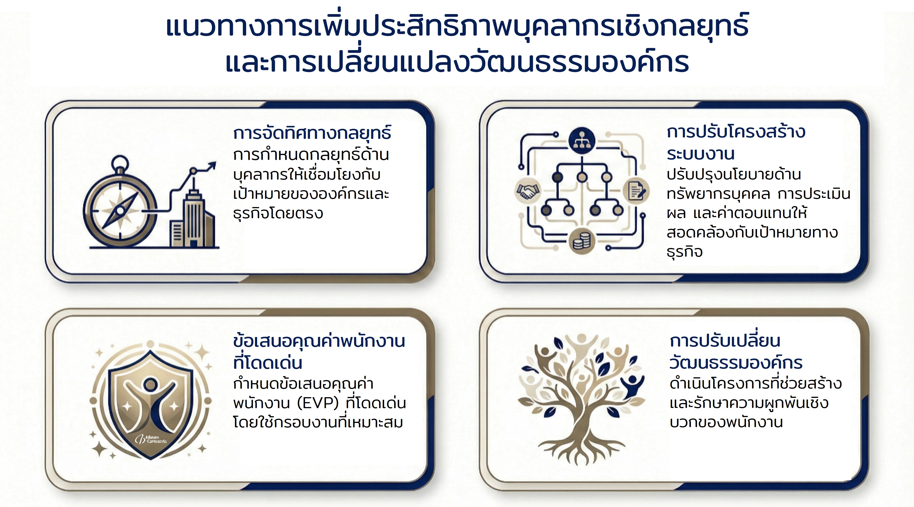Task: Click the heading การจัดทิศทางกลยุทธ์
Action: tap(312, 133)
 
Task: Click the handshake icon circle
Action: tap(528, 191)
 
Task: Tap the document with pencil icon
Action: tap(636, 191)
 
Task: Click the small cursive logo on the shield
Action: tap(150, 439)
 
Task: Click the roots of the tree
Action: tap(582, 450)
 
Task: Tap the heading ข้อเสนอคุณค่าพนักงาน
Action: tap(319, 341)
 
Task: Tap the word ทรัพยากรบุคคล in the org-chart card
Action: tap(718, 194)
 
